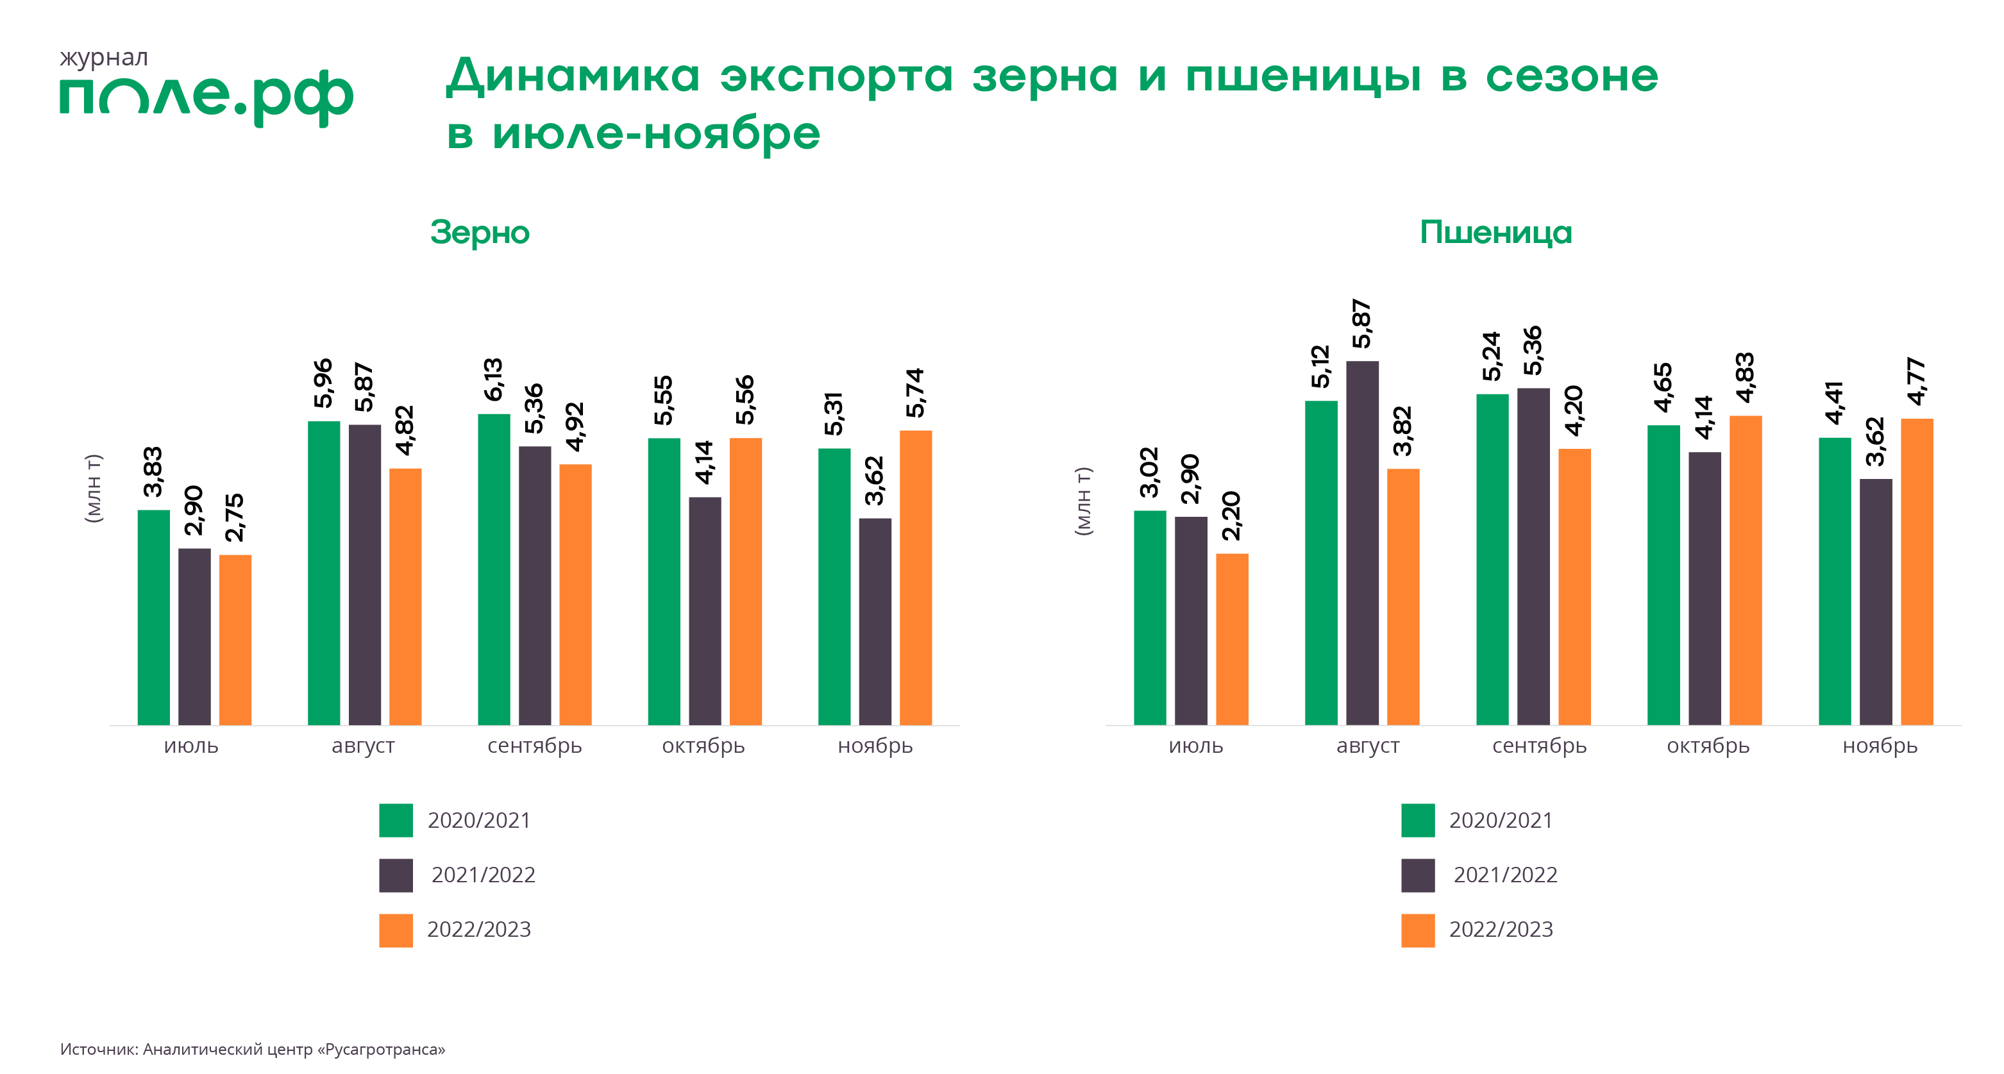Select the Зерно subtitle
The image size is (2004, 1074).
click(480, 233)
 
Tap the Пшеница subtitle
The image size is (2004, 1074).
click(1495, 233)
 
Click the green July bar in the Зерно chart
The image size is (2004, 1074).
click(154, 617)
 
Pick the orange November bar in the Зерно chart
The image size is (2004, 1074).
click(916, 578)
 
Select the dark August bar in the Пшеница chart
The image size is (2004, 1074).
click(1362, 543)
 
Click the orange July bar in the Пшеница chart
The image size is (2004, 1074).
click(1233, 639)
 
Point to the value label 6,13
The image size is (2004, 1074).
click(494, 380)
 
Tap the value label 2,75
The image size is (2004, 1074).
click(234, 517)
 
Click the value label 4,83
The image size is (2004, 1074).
click(1745, 378)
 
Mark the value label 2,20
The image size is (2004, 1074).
click(1231, 516)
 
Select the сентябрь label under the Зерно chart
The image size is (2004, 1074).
click(534, 746)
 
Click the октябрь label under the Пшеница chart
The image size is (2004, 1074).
click(1708, 746)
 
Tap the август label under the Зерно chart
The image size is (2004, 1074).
click(364, 746)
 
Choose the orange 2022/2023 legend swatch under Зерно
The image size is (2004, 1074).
click(396, 930)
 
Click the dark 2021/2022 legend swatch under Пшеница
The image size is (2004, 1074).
click(1419, 876)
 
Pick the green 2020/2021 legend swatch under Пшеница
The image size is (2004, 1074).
click(1419, 821)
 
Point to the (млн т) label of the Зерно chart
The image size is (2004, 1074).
click(94, 489)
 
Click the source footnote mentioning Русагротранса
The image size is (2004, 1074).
click(253, 1049)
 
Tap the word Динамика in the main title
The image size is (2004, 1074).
click(573, 76)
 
